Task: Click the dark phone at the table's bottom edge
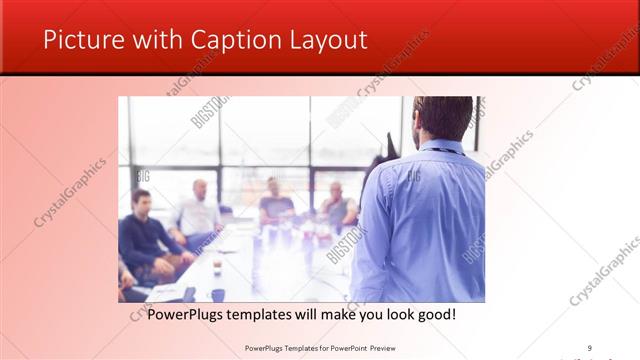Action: [189, 294]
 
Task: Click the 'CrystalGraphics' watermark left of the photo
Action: [70, 191]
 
